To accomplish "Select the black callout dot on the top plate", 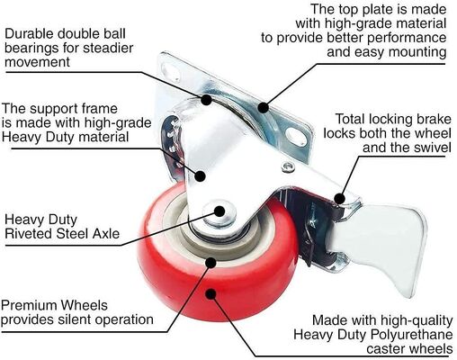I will coord(262,107).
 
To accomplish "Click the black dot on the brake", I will coord(339,196).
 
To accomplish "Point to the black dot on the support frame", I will coord(202,177).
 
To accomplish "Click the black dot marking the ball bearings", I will coord(207,100).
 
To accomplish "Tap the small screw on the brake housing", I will coord(286,166).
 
